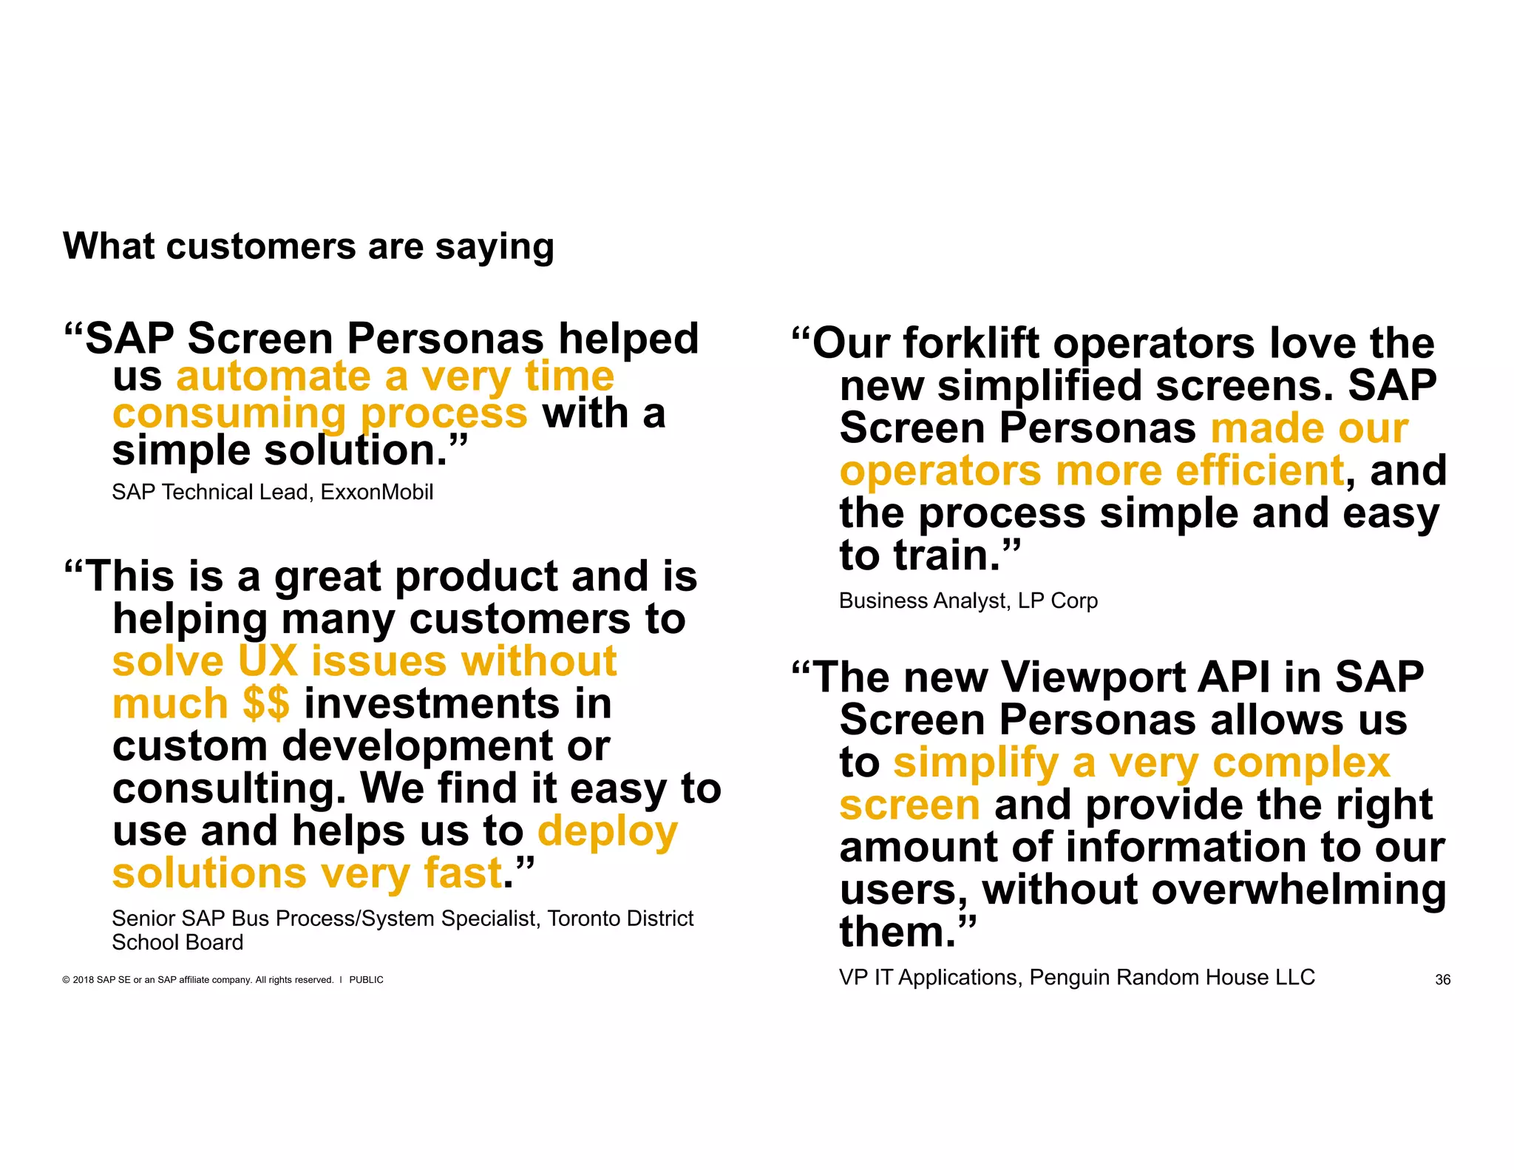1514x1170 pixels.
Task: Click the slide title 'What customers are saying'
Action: point(308,246)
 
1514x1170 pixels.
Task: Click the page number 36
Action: point(1442,980)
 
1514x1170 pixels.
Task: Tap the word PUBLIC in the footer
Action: point(366,980)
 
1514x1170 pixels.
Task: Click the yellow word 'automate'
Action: point(273,376)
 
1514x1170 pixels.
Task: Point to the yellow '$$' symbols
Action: point(265,703)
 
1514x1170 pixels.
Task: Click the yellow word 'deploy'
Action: point(607,831)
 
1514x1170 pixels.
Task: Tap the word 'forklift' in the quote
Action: point(972,343)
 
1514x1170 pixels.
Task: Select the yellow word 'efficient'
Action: point(1259,470)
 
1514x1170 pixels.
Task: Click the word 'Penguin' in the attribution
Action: point(1069,977)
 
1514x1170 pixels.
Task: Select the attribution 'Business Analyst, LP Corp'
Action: point(968,601)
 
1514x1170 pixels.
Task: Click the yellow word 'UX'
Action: point(268,660)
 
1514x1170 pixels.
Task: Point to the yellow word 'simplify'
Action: point(976,762)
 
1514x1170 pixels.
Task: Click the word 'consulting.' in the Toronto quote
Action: point(229,788)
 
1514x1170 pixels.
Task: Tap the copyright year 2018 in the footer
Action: point(83,980)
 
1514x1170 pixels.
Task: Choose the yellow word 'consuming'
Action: point(229,413)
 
